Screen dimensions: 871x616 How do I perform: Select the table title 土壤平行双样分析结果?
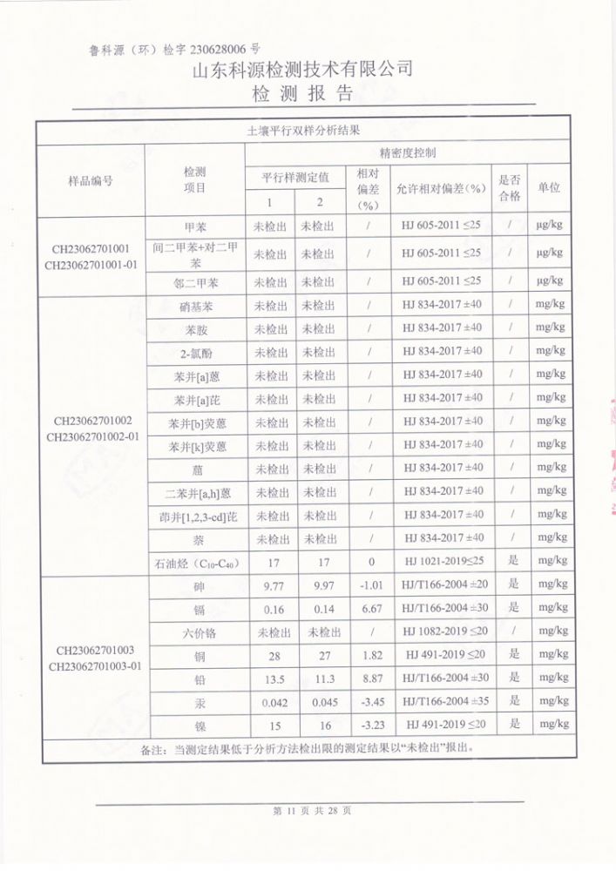(303, 130)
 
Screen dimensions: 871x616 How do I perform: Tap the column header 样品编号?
(91, 180)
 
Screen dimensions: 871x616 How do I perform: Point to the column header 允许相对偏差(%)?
(441, 188)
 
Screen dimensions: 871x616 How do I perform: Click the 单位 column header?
(549, 188)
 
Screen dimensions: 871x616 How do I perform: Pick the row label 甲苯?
(195, 226)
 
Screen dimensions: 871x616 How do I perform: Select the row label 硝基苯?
(195, 307)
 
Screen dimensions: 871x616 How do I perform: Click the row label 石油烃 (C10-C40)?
(195, 562)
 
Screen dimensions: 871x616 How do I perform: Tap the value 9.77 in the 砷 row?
(273, 585)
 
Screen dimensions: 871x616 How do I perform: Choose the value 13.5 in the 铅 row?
(274, 679)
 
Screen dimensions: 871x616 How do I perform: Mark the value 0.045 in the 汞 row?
(323, 702)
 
